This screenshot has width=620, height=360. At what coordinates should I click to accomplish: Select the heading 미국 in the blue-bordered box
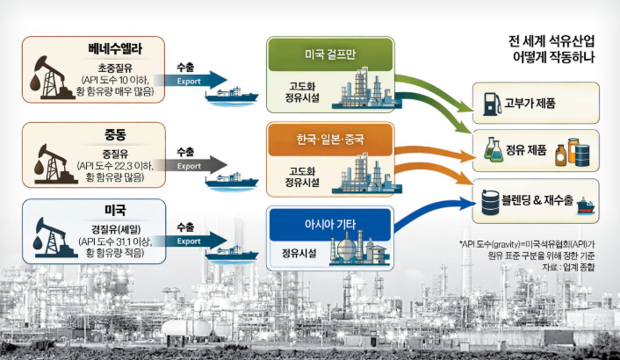(x=115, y=211)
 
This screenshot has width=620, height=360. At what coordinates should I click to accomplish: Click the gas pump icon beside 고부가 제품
(x=487, y=104)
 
